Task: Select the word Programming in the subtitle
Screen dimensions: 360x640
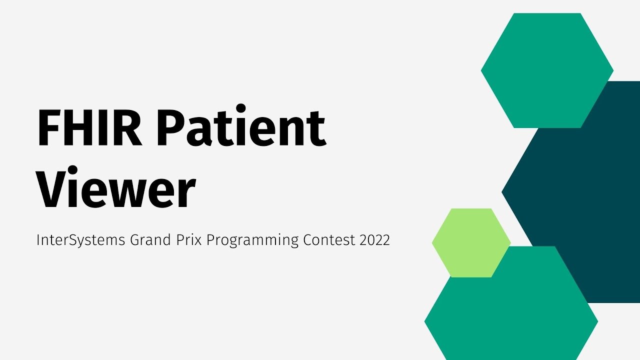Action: (x=253, y=241)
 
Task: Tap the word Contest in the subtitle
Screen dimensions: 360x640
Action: (x=329, y=240)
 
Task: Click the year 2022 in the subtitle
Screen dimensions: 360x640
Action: (x=374, y=240)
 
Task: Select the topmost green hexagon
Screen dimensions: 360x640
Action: (x=547, y=70)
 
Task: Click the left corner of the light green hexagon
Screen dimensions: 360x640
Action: (x=433, y=243)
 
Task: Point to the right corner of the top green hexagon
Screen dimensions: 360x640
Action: (x=612, y=70)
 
